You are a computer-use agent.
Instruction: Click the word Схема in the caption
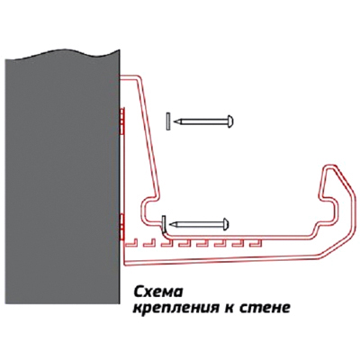(x=157, y=292)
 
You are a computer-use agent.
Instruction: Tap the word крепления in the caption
(x=175, y=308)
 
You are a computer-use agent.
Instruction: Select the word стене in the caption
(x=265, y=308)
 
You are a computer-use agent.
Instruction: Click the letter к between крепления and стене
(x=228, y=308)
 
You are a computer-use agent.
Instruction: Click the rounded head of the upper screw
(x=230, y=121)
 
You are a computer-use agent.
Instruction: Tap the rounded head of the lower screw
(x=226, y=224)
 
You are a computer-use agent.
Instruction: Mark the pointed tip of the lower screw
(x=170, y=224)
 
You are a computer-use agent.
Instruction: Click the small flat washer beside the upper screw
(x=168, y=121)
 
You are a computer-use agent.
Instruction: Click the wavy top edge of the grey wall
(x=62, y=55)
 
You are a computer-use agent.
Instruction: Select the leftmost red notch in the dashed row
(x=130, y=243)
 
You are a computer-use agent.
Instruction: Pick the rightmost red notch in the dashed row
(x=256, y=243)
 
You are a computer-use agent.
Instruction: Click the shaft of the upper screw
(x=204, y=121)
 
